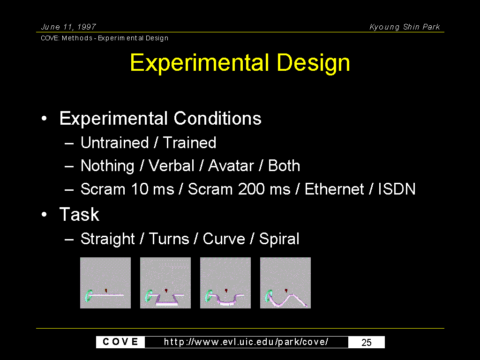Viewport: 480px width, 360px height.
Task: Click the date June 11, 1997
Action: (68, 27)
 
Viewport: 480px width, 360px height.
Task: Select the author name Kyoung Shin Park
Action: (405, 27)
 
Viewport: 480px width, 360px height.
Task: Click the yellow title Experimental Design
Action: (240, 63)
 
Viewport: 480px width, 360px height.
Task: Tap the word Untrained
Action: (114, 142)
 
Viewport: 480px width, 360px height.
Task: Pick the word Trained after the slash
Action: (189, 142)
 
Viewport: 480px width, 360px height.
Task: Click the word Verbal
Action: (171, 165)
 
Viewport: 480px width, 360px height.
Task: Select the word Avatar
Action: (231, 165)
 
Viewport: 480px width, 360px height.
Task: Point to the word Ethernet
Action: (334, 189)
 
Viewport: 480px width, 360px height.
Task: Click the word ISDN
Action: (397, 189)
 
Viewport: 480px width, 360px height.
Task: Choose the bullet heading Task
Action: (79, 214)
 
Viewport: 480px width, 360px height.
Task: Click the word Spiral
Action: (279, 239)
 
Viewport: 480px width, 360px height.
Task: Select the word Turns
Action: (169, 239)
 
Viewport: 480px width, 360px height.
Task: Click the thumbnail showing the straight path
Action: (105, 283)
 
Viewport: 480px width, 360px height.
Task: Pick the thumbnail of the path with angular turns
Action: (165, 283)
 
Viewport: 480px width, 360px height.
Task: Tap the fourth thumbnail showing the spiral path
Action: (285, 283)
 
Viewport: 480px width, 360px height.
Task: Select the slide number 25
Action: (367, 342)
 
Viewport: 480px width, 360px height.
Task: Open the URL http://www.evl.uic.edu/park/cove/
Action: (246, 342)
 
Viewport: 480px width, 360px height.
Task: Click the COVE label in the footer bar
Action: (120, 342)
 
